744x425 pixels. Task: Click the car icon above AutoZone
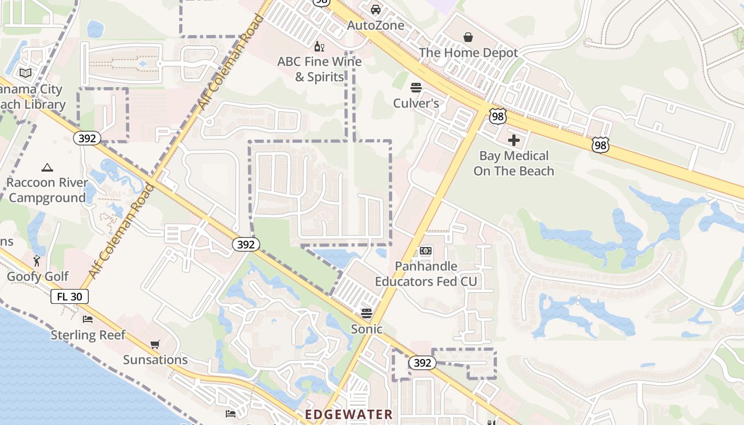pyautogui.click(x=376, y=9)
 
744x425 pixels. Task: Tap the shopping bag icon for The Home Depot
pyautogui.click(x=468, y=37)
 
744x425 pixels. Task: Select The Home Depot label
pyautogui.click(x=468, y=53)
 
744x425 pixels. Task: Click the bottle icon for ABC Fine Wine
pyautogui.click(x=319, y=46)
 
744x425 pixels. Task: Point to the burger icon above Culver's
pyautogui.click(x=416, y=87)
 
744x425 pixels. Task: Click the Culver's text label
pyautogui.click(x=416, y=103)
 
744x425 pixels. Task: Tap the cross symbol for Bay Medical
pyautogui.click(x=514, y=140)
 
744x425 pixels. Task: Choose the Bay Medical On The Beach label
pyautogui.click(x=514, y=163)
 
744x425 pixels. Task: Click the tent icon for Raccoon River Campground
pyautogui.click(x=47, y=167)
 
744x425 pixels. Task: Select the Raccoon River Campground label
pyautogui.click(x=47, y=190)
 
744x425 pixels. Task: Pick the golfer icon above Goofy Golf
pyautogui.click(x=37, y=261)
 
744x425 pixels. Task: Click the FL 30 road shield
pyautogui.click(x=70, y=296)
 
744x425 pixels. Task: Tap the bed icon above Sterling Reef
pyautogui.click(x=88, y=319)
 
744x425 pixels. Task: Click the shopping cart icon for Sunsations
pyautogui.click(x=155, y=345)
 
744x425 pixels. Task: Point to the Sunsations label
pyautogui.click(x=155, y=360)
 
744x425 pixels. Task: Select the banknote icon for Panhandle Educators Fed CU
pyautogui.click(x=426, y=251)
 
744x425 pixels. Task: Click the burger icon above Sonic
pyautogui.click(x=366, y=313)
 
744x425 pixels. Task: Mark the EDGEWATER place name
pyautogui.click(x=349, y=414)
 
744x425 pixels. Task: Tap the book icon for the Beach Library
pyautogui.click(x=26, y=73)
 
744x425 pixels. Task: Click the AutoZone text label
pyautogui.click(x=376, y=25)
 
